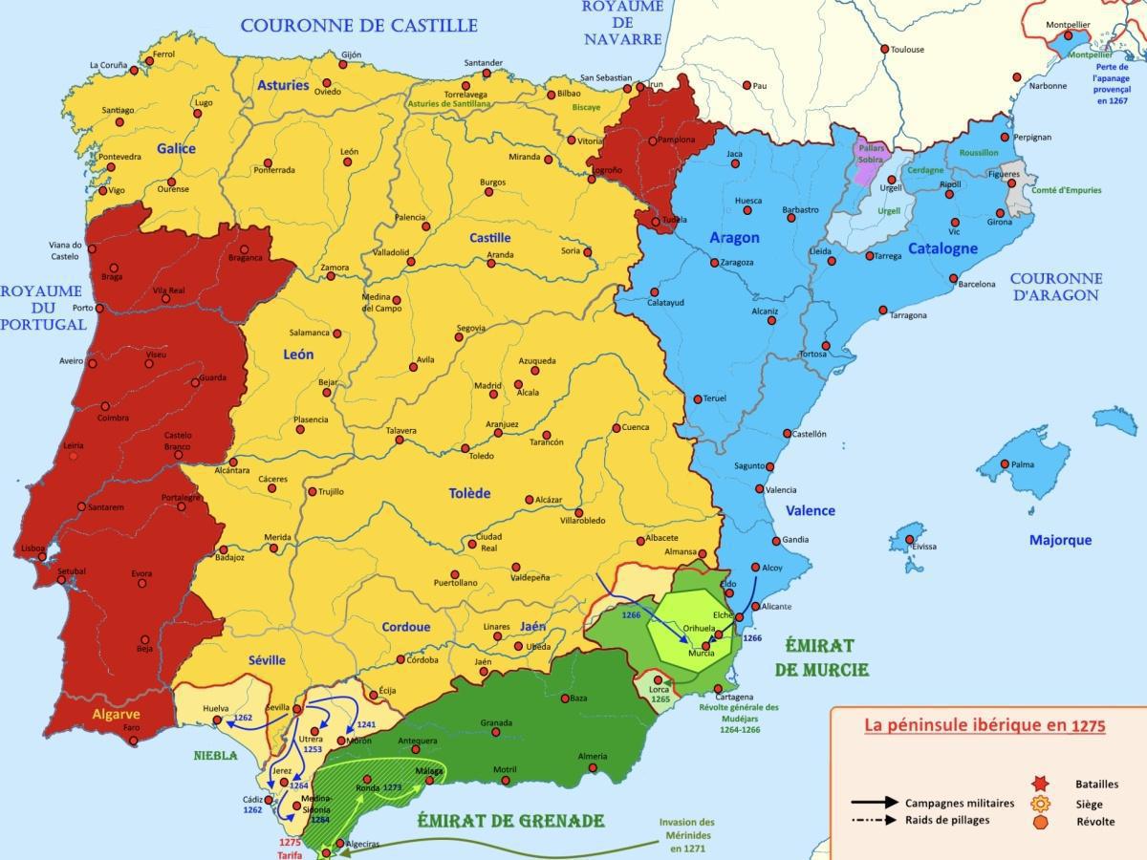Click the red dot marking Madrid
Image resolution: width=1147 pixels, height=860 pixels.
[x=493, y=394]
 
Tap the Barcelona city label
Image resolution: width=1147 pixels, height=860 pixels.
[x=976, y=284]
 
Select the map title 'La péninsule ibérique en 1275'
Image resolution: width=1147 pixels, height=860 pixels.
[x=985, y=725]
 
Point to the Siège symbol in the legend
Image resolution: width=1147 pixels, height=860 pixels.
[x=1041, y=804]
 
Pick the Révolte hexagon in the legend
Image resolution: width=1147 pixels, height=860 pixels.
[x=1041, y=822]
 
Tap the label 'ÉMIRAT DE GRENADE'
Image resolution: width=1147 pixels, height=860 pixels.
[x=510, y=821]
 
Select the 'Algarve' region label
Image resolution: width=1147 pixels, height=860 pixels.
[x=116, y=714]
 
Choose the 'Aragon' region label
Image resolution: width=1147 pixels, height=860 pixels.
[x=734, y=237]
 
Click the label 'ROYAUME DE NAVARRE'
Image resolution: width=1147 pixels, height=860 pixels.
[x=622, y=23]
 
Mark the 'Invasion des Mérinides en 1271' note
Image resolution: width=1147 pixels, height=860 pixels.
[x=686, y=834]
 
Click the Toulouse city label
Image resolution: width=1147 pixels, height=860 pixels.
[x=907, y=49]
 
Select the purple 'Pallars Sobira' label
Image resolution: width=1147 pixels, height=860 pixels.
[x=871, y=154]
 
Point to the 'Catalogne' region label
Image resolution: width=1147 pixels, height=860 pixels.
[x=942, y=248]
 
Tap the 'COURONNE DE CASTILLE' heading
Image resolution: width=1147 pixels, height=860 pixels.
[x=358, y=25]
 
